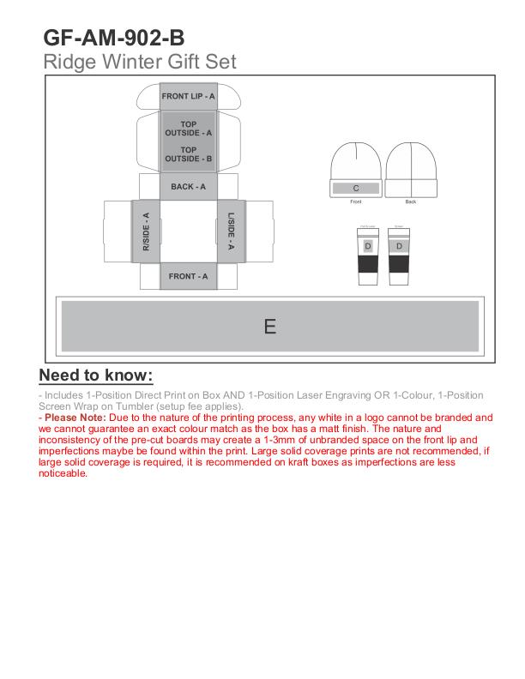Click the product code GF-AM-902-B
(x=113, y=39)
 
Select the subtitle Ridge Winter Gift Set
(x=139, y=62)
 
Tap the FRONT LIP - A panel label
(x=188, y=96)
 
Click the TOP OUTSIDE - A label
(x=188, y=129)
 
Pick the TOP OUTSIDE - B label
(x=188, y=154)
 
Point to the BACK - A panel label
(x=188, y=187)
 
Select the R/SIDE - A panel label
(x=146, y=231)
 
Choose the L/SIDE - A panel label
(x=231, y=231)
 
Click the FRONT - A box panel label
(x=188, y=276)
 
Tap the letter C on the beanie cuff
(x=356, y=188)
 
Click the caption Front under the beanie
(x=356, y=202)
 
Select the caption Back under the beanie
(x=411, y=202)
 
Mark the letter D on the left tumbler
(x=368, y=246)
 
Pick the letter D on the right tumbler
(x=398, y=246)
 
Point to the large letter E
(x=269, y=327)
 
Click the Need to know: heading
(x=96, y=376)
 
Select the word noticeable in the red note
(x=63, y=473)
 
